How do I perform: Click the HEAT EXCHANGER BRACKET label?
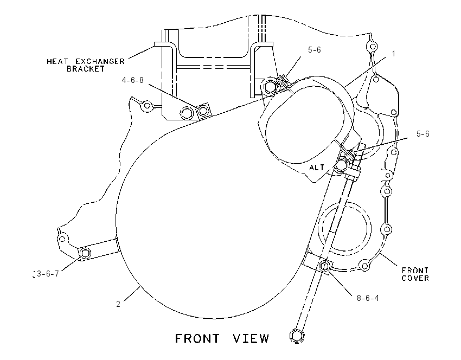(x=86, y=65)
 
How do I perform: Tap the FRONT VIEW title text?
(x=222, y=338)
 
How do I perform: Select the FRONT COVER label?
(x=415, y=274)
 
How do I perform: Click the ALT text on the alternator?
(x=317, y=168)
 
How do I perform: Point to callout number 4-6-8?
(x=132, y=80)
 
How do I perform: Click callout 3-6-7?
(x=48, y=274)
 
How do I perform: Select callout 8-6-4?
(x=368, y=298)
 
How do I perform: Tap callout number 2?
(x=118, y=304)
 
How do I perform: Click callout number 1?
(x=393, y=54)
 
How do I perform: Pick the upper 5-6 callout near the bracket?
(x=314, y=50)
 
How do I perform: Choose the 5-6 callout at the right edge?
(x=423, y=134)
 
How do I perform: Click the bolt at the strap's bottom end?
(x=297, y=335)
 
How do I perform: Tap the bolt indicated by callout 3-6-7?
(x=85, y=253)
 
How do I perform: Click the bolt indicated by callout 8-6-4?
(x=324, y=266)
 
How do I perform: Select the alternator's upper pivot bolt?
(x=270, y=86)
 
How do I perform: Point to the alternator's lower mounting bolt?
(x=341, y=165)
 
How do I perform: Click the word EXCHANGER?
(x=100, y=61)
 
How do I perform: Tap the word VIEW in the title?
(x=251, y=338)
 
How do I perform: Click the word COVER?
(x=415, y=278)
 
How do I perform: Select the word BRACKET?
(x=86, y=69)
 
